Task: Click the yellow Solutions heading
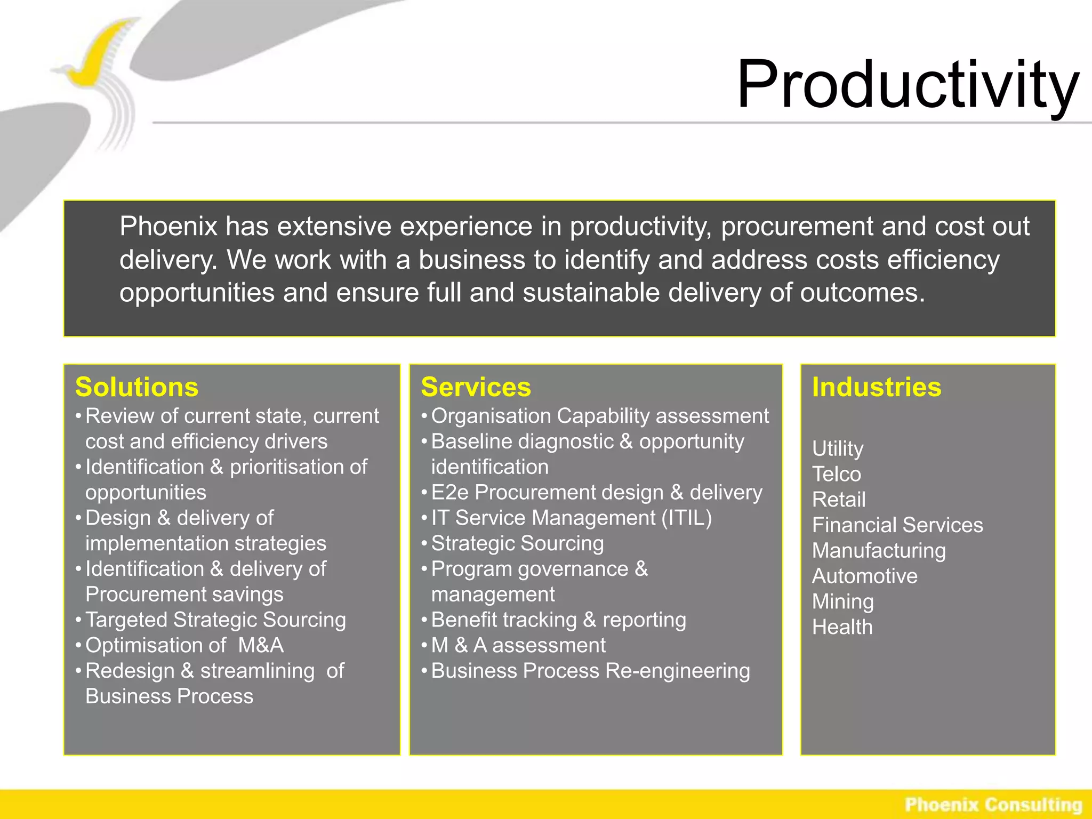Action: tap(136, 387)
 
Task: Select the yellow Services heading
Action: tap(476, 387)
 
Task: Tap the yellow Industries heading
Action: tap(877, 387)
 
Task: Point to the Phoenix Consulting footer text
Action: tap(993, 804)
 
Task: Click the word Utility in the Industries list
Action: tap(838, 448)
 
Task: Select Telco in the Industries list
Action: tap(837, 474)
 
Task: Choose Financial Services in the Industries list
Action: tap(897, 525)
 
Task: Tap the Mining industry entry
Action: tap(842, 601)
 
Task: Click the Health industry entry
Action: tap(842, 627)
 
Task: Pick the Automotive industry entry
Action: tap(865, 576)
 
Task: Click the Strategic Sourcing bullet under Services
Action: tap(517, 543)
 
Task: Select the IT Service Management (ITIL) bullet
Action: tap(571, 518)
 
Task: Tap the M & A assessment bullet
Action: tap(518, 645)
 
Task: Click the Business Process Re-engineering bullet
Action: tap(590, 671)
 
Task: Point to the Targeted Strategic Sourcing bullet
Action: tap(215, 620)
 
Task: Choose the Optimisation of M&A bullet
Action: tap(184, 645)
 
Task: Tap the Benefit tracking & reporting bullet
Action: tap(558, 620)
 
